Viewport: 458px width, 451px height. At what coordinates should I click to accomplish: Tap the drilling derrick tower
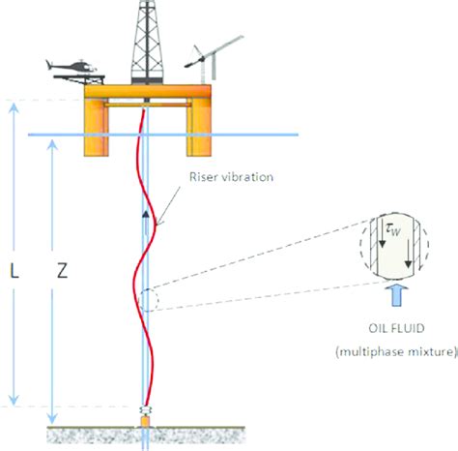pos(147,42)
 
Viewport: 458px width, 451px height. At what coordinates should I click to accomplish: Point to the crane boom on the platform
pos(214,51)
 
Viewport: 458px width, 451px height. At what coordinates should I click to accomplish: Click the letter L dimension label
pos(14,271)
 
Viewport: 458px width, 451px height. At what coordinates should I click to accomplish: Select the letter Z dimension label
pos(62,271)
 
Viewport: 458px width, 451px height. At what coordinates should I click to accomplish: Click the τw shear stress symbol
pos(393,230)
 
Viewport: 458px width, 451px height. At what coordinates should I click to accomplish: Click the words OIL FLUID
pos(396,328)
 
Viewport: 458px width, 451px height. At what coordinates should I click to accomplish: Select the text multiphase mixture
pos(396,351)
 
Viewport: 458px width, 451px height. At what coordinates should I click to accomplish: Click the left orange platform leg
pos(97,128)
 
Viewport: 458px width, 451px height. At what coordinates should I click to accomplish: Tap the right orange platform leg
pos(199,128)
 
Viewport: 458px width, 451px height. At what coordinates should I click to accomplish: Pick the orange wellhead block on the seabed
pos(145,422)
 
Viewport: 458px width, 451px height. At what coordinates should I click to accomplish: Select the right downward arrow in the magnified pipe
pos(409,254)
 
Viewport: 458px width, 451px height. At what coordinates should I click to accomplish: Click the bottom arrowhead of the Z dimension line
pos(52,418)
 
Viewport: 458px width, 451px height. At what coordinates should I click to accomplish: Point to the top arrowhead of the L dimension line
pos(14,108)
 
